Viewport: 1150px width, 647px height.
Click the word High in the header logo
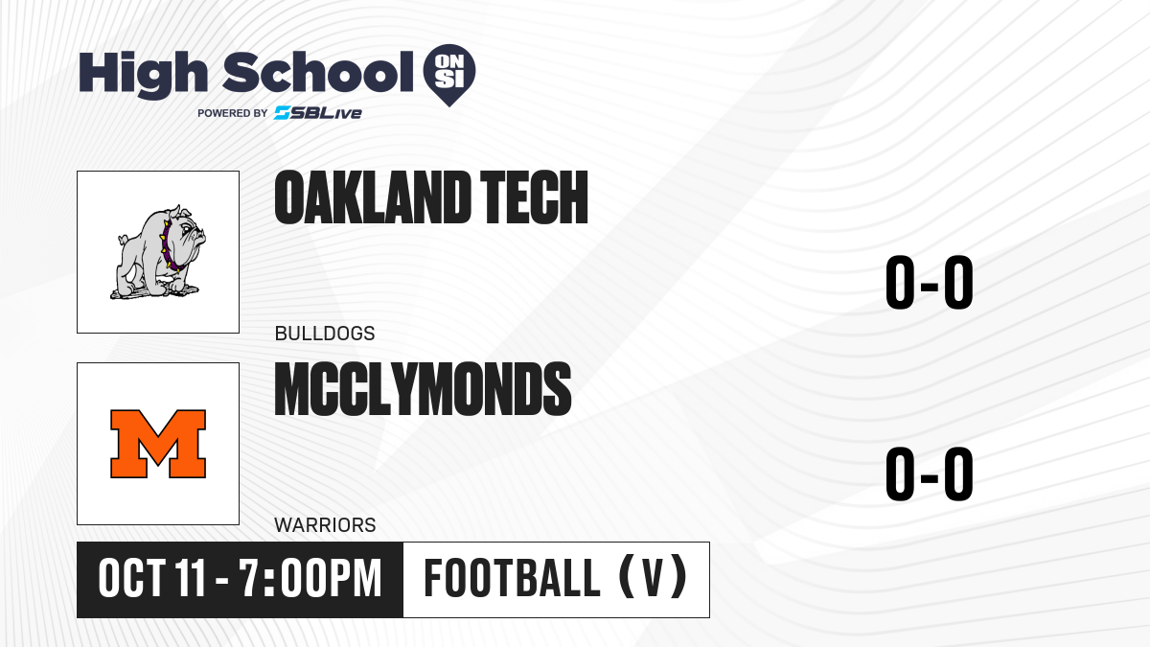click(144, 75)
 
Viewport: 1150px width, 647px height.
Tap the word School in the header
click(318, 72)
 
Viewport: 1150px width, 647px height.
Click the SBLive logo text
click(318, 112)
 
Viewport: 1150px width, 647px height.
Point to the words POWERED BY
click(233, 113)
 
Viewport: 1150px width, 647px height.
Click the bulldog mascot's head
click(188, 232)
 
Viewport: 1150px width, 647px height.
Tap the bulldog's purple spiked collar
click(171, 246)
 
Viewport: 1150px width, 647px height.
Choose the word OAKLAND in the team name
click(373, 197)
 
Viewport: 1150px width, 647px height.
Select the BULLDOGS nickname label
click(325, 334)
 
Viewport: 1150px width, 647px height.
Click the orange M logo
click(158, 444)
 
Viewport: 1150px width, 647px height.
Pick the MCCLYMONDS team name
click(423, 389)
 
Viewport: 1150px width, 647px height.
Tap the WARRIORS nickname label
click(325, 525)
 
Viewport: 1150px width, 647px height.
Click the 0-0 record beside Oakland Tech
click(930, 283)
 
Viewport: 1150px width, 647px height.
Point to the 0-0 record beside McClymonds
click(930, 474)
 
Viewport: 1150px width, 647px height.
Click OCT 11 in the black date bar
click(152, 579)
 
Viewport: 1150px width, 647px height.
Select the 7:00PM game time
click(310, 579)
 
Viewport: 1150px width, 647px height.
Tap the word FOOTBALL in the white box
click(512, 579)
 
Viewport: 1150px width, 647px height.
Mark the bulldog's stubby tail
click(124, 239)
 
